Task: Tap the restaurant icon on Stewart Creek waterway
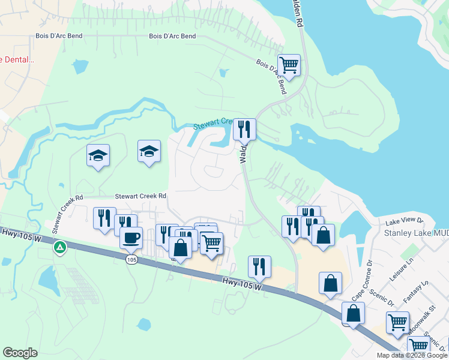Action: [x=244, y=128]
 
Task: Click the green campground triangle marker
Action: [x=59, y=247]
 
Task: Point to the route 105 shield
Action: [x=132, y=260]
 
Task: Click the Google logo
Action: [x=20, y=353]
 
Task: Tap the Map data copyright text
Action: [x=412, y=355]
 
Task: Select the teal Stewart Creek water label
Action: [x=212, y=124]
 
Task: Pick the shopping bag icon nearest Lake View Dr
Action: [x=323, y=236]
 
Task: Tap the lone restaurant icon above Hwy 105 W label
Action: [x=259, y=266]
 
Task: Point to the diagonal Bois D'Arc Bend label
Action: [x=271, y=76]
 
